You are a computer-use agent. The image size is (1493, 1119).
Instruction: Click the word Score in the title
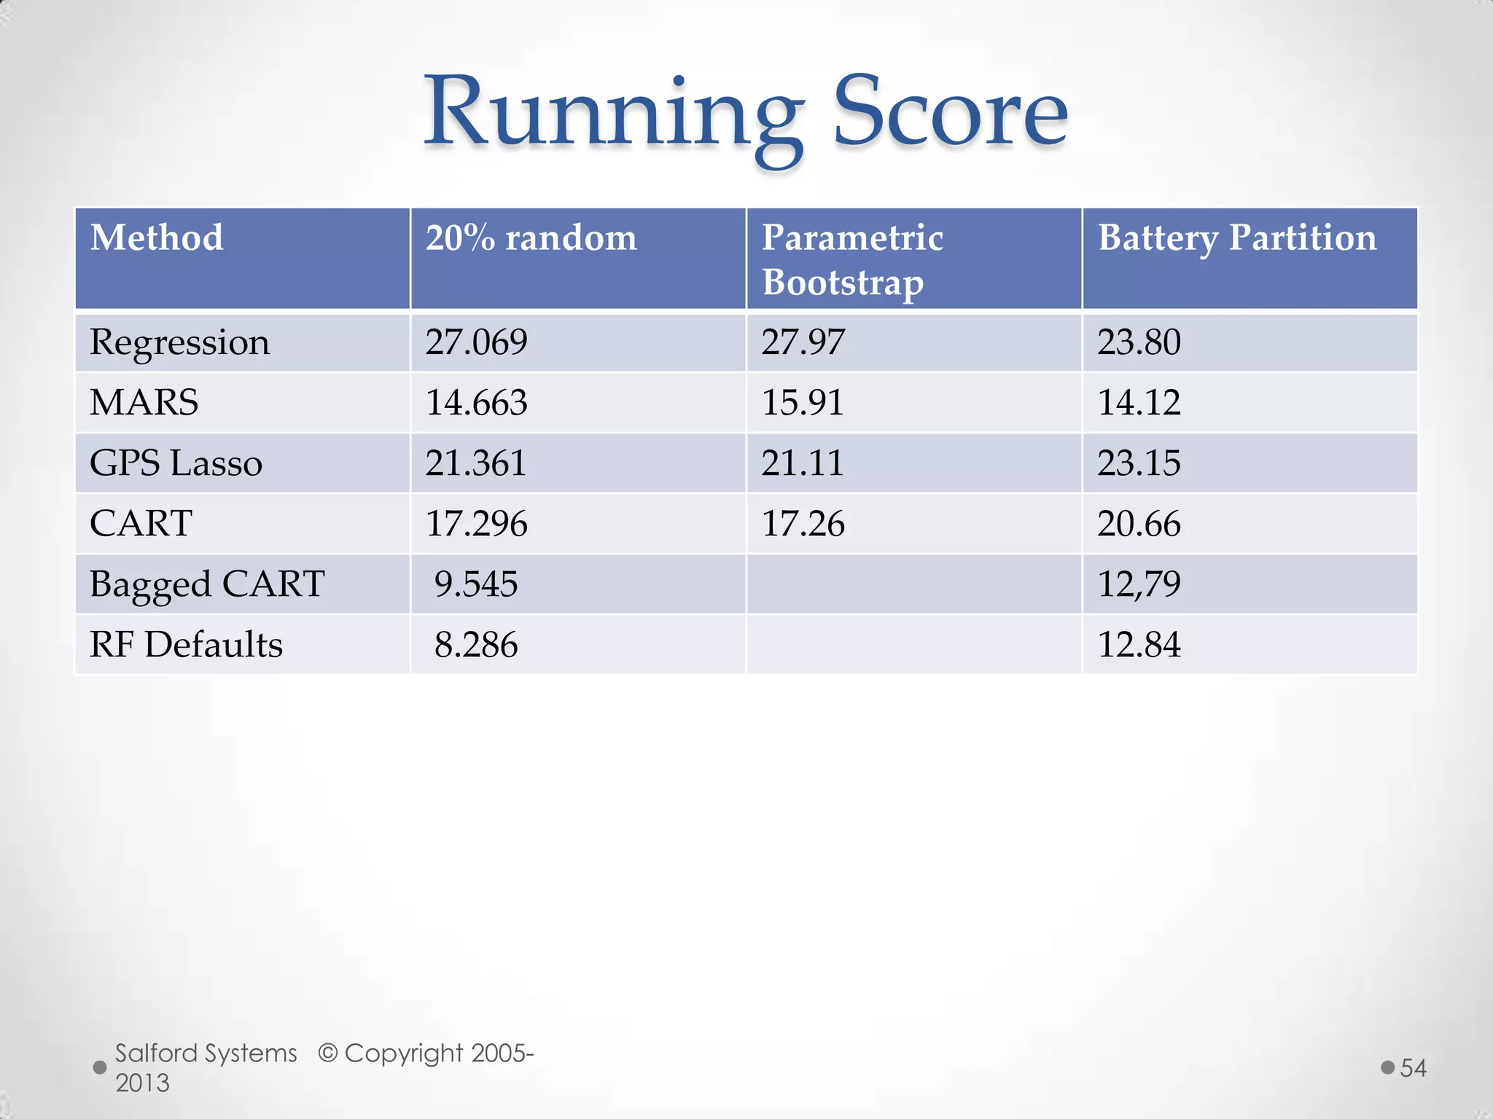point(950,113)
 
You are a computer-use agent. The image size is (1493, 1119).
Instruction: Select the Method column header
point(157,238)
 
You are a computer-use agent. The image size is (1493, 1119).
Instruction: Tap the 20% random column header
point(531,238)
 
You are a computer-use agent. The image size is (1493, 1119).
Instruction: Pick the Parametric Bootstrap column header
point(852,259)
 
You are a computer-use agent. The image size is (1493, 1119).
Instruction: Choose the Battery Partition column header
point(1237,238)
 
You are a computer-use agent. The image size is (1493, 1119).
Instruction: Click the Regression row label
point(179,342)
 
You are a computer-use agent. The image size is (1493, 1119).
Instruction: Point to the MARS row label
point(144,403)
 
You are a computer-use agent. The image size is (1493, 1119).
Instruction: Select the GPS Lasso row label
point(176,463)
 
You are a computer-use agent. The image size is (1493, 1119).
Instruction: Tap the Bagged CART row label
point(207,584)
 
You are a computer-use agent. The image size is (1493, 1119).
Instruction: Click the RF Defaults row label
point(186,645)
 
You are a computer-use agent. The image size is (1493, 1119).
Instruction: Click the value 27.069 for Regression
point(476,342)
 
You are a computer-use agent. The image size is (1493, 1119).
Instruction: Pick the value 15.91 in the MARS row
point(803,403)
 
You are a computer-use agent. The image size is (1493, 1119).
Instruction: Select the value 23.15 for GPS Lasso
point(1139,463)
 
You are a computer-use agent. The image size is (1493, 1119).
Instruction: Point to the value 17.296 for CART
point(476,524)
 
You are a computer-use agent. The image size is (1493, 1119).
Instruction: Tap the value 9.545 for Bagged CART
point(476,584)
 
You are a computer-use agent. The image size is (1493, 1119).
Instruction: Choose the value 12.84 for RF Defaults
point(1139,645)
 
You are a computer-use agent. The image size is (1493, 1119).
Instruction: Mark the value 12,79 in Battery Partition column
point(1139,584)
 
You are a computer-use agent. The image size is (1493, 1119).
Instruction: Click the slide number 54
point(1413,1068)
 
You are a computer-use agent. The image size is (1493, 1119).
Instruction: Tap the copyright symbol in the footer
point(328,1053)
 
